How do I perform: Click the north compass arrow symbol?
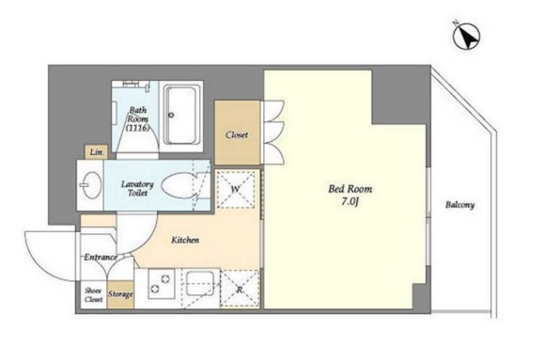coord(466,36)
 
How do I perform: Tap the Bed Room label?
coord(350,189)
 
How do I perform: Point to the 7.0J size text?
coord(350,202)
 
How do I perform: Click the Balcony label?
coord(459,205)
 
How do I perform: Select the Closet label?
coord(237,134)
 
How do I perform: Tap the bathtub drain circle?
coord(171,115)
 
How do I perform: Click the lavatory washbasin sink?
coord(92,185)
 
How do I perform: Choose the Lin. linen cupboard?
coord(96,152)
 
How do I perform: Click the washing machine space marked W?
coord(236,190)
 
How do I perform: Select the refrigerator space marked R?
coord(240,290)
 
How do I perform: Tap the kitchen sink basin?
coord(200,284)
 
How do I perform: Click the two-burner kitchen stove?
coord(161,284)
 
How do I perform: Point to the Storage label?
coord(120,294)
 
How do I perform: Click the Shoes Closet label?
coord(94,294)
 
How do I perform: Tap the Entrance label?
coord(101,257)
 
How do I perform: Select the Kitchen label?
coord(185,240)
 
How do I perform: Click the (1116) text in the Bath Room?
coord(138,128)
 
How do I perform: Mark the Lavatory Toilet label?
coord(137,188)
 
